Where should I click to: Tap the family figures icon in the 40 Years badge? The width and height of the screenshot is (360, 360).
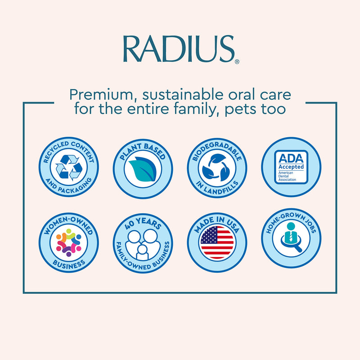pos(142,245)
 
